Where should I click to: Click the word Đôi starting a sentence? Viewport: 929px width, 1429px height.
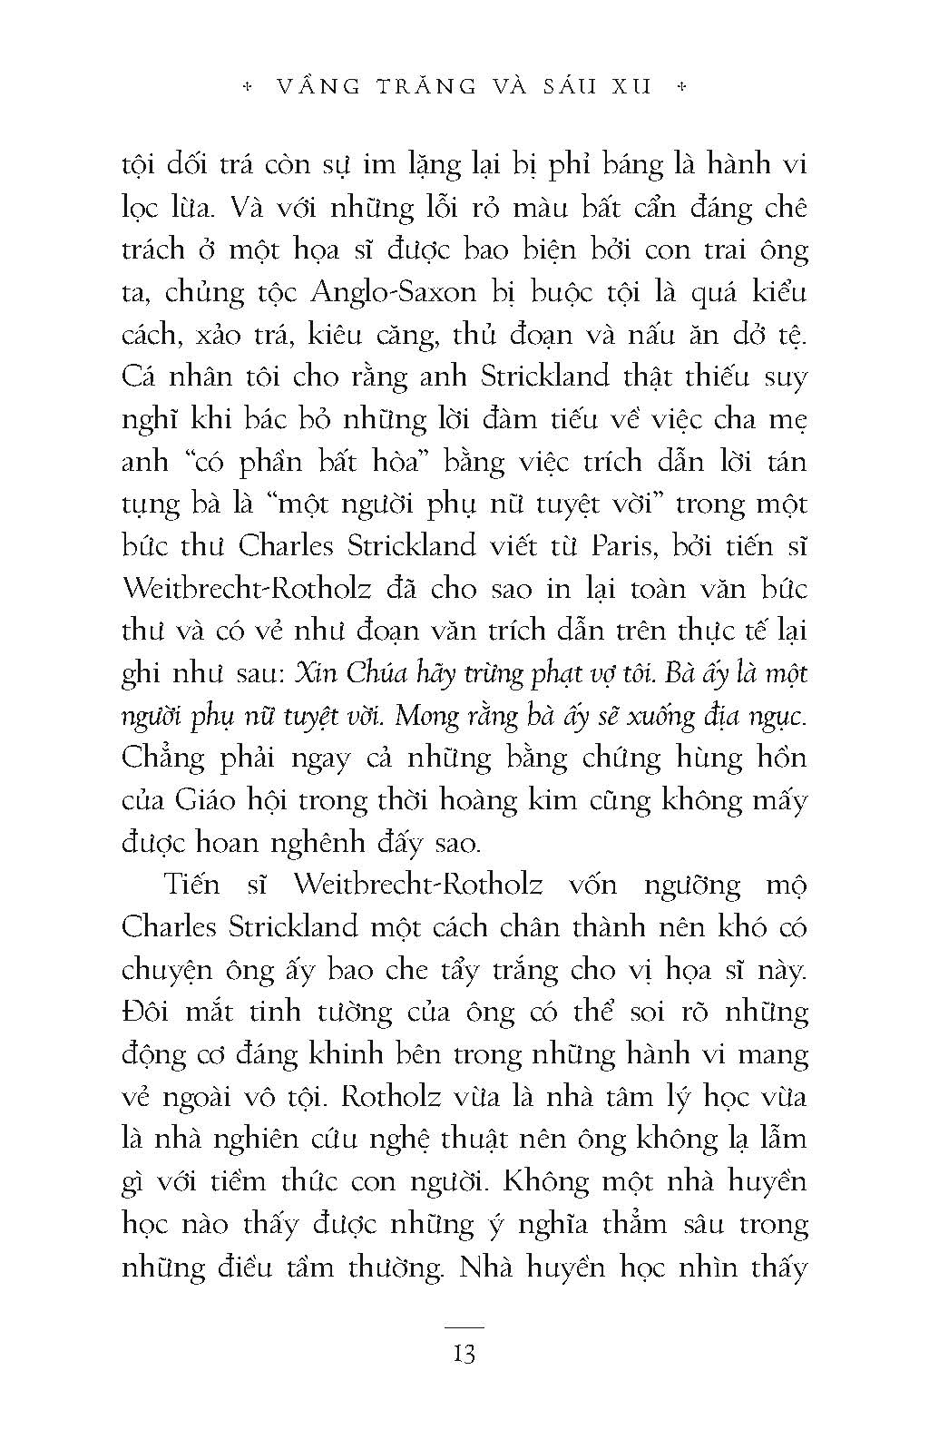pos(144,1012)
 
